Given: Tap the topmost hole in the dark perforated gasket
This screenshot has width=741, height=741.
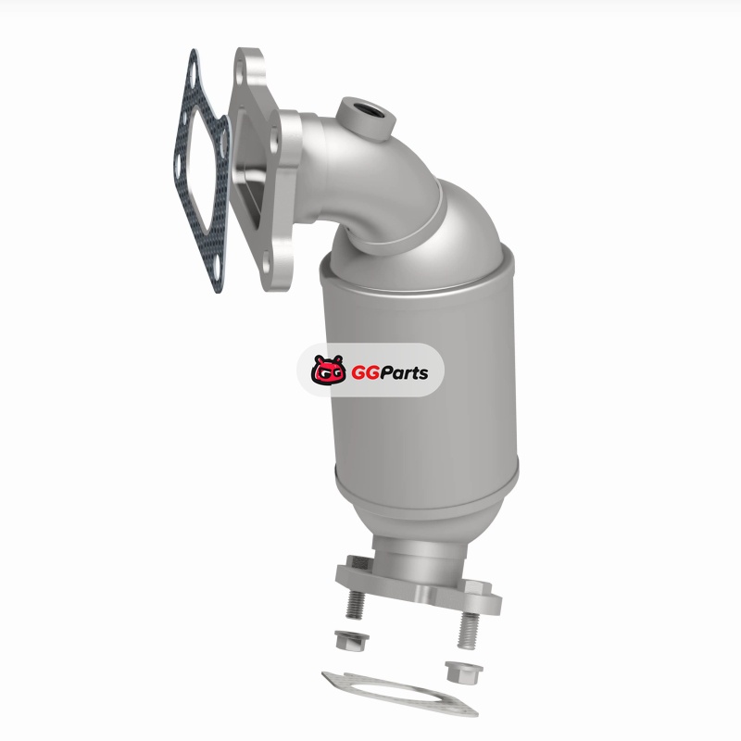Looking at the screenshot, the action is tap(193, 75).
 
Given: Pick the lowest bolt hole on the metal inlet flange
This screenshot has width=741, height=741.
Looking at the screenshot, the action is tap(266, 264).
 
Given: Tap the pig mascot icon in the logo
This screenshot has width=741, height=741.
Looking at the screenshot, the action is tap(329, 370).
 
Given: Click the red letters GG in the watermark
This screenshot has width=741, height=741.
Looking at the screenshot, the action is tap(365, 373).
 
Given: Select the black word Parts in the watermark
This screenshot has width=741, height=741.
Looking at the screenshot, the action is tap(404, 373).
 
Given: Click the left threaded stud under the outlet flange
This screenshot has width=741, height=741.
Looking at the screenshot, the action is tap(356, 604).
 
